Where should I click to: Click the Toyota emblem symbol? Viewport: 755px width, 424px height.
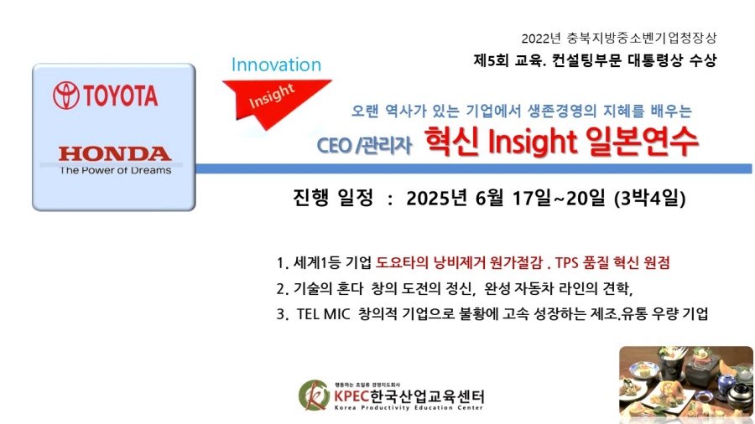click(66, 96)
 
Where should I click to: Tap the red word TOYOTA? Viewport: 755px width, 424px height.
click(121, 96)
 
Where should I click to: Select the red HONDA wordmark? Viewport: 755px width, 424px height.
click(115, 154)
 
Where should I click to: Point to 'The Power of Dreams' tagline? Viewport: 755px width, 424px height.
click(116, 170)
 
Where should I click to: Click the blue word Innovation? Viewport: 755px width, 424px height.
click(276, 65)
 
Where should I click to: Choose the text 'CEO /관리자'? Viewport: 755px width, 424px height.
click(364, 145)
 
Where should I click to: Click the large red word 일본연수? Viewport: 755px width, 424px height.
click(642, 142)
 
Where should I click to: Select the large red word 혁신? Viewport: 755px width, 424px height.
click(451, 142)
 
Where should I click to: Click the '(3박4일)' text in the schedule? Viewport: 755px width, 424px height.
click(649, 198)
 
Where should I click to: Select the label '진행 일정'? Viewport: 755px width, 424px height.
click(333, 198)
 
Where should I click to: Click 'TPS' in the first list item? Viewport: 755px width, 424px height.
click(566, 262)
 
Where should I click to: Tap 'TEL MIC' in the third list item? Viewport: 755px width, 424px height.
click(323, 314)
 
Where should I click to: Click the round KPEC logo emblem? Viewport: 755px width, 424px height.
click(314, 396)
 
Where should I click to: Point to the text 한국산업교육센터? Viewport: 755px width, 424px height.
click(427, 396)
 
